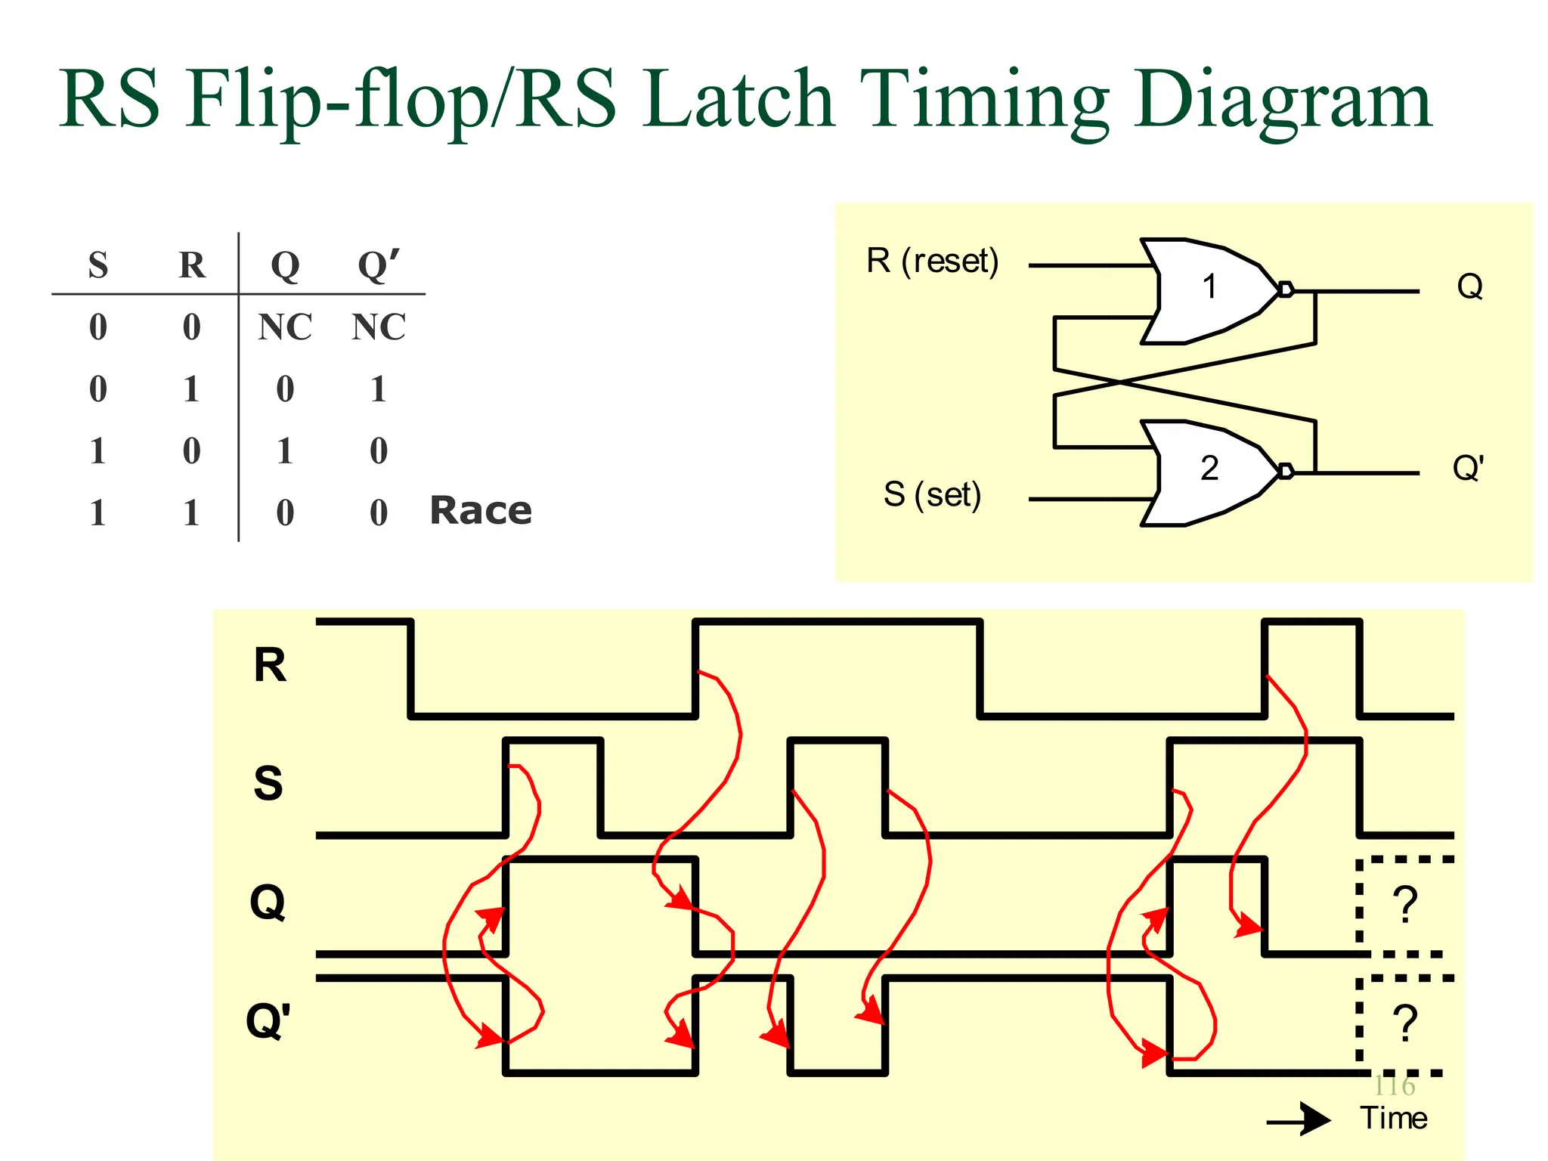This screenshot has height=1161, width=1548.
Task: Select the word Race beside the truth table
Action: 481,511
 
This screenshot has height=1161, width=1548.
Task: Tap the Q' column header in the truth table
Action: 379,265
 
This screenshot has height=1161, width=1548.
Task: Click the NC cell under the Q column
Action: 285,327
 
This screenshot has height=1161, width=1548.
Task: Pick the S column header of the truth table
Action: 98,265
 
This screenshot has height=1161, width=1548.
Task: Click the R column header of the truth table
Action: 192,265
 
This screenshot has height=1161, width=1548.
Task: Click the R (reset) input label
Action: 933,262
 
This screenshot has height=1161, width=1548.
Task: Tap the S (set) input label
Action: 933,495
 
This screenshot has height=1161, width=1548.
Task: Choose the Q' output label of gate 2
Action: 1469,469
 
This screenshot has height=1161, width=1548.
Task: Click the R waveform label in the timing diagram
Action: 270,666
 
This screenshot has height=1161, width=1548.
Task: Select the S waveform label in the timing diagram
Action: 268,784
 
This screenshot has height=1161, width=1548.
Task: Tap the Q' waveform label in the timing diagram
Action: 268,1021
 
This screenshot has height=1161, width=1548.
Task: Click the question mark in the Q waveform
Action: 1405,905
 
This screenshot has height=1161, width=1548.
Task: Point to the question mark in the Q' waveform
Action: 1405,1023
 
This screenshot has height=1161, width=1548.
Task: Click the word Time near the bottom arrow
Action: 1394,1119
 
